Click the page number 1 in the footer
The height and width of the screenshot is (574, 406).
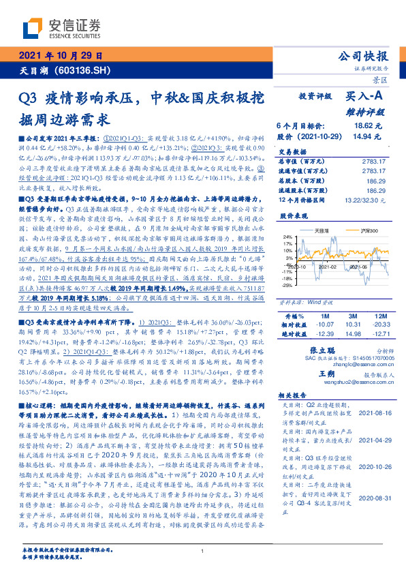tap(203, 551)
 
